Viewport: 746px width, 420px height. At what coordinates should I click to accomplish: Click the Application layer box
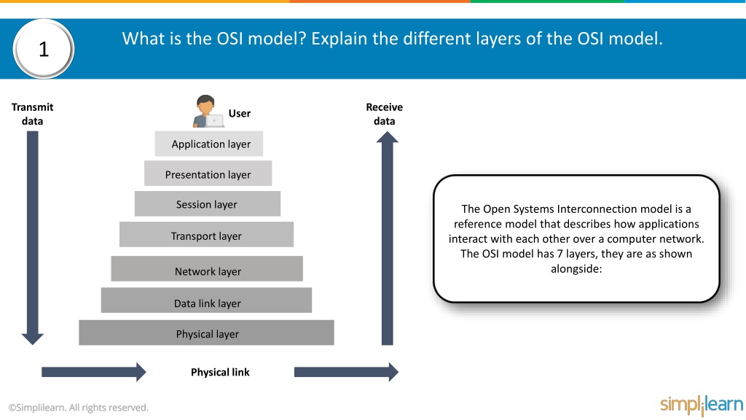point(209,144)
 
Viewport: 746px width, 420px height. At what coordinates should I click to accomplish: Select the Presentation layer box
point(208,174)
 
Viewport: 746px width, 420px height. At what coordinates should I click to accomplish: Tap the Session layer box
point(208,204)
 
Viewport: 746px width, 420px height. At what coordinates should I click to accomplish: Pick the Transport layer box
point(206,234)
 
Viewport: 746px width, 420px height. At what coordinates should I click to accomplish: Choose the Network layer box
point(207,268)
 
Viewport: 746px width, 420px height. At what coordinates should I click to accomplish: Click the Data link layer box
point(206,300)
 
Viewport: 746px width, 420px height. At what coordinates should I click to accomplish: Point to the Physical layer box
point(206,332)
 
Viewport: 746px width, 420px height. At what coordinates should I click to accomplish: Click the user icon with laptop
point(208,112)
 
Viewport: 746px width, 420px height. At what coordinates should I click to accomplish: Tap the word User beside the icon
point(239,113)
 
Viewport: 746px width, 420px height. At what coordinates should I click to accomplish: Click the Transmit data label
point(32,114)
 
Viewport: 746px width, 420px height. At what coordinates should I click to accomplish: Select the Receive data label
point(385,114)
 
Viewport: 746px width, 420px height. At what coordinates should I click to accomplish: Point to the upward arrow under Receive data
point(388,238)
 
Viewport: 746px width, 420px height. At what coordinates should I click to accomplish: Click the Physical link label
point(220,373)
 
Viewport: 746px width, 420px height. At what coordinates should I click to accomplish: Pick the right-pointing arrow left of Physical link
point(94,372)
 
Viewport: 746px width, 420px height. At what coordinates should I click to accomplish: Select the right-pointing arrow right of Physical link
point(346,372)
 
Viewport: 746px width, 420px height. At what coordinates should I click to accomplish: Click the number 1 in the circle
point(44,49)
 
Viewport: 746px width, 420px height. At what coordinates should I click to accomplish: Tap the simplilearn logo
point(702,405)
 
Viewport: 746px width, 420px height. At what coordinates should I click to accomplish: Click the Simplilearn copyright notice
point(79,408)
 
